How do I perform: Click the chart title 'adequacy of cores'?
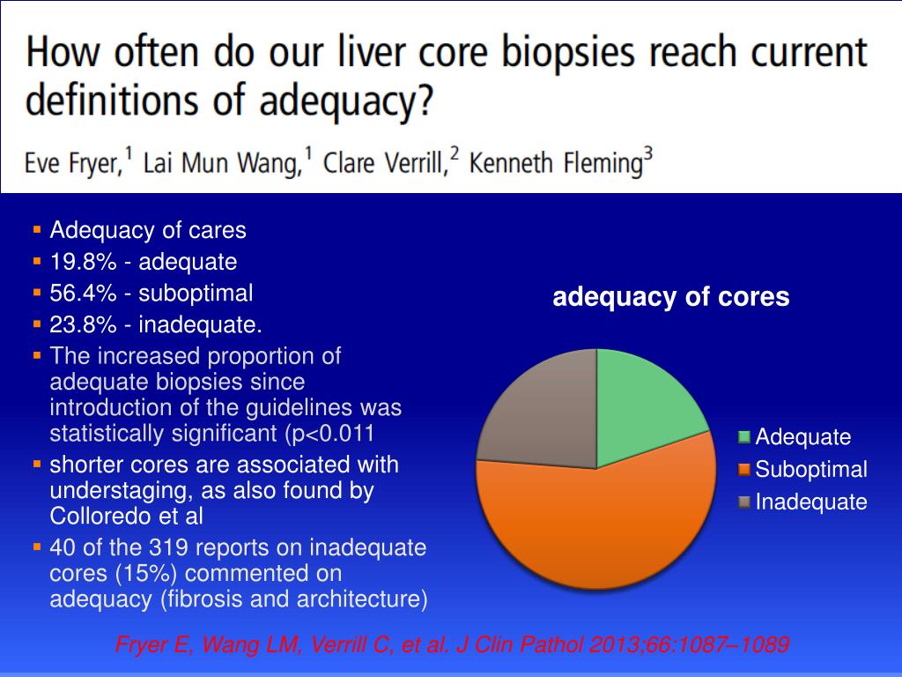[670, 298]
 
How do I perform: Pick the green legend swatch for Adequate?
[744, 436]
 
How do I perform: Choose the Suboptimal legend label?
[810, 469]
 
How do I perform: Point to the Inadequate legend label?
[810, 502]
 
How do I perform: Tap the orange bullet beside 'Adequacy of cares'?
[37, 231]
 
